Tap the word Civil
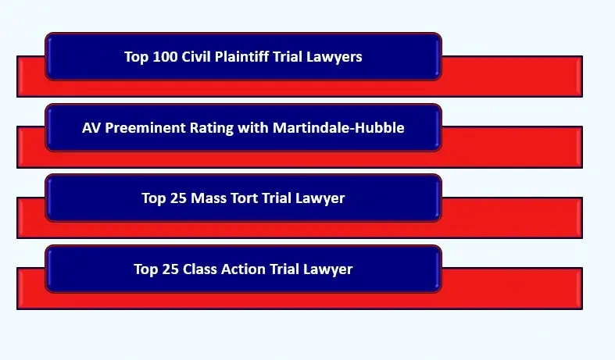[198, 57]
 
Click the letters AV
[91, 128]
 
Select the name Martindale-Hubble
[338, 128]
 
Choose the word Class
[200, 269]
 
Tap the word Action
[244, 269]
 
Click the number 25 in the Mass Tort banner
[179, 198]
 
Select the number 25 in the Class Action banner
[171, 269]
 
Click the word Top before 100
[137, 57]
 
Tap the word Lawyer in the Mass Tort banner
[320, 198]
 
